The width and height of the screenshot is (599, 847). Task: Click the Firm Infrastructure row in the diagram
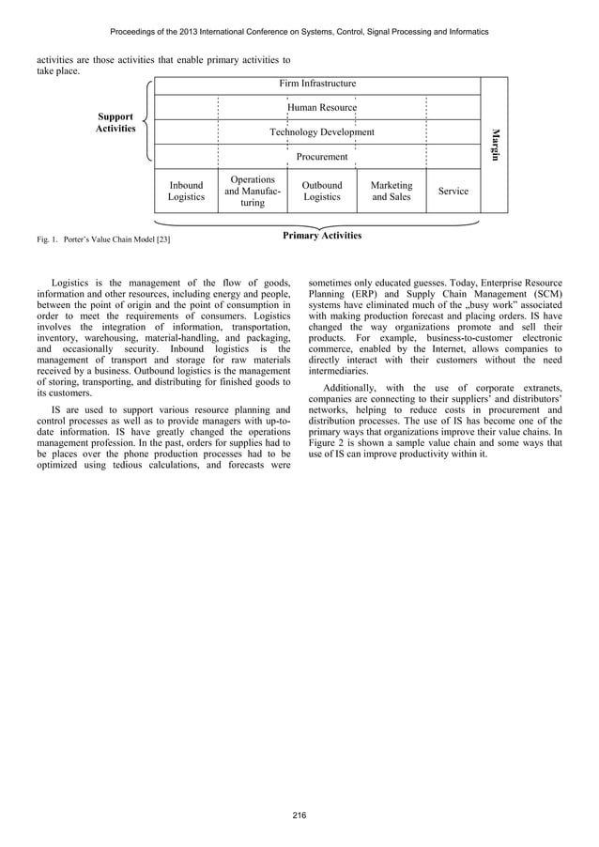click(x=317, y=84)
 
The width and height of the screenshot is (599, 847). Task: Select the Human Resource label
click(x=322, y=108)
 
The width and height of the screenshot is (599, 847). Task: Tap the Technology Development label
click(x=322, y=132)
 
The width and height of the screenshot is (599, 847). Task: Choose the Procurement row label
click(x=322, y=157)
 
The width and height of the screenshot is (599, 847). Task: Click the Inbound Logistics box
click(x=186, y=192)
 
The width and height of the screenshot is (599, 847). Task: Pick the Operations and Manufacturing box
click(x=252, y=191)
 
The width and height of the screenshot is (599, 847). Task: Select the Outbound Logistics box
click(x=322, y=192)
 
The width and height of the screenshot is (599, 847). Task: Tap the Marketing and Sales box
click(x=392, y=192)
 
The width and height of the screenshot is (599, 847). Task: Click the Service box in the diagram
click(x=453, y=192)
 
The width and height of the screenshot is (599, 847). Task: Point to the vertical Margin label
click(x=495, y=144)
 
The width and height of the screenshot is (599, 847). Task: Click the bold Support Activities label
click(x=116, y=122)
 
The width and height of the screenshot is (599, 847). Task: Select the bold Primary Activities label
click(x=322, y=236)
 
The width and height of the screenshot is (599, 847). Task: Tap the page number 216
click(x=299, y=814)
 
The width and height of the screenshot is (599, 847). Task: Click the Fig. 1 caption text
click(x=103, y=241)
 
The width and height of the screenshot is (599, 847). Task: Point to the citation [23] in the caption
click(x=162, y=241)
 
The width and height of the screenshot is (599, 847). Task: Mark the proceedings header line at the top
click(x=299, y=32)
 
